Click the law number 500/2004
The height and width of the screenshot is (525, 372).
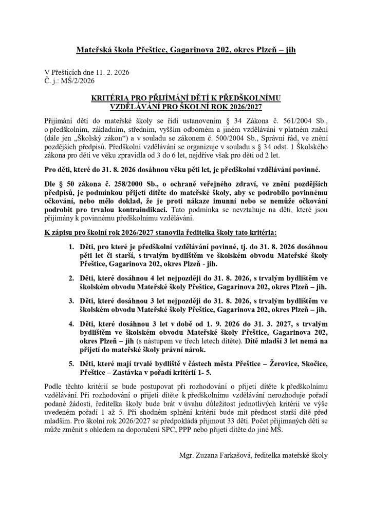(227, 137)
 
